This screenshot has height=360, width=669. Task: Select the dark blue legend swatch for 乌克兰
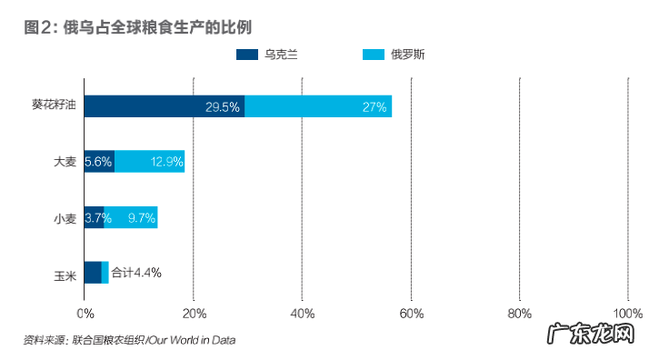tap(247, 55)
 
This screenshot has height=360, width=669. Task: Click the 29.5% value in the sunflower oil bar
tap(223, 107)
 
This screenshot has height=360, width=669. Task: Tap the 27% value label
tap(374, 107)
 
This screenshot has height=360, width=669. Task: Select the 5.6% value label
tap(98, 163)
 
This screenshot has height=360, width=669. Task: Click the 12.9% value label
tap(167, 163)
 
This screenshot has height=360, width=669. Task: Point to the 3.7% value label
tap(98, 218)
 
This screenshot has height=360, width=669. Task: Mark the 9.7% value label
tap(142, 218)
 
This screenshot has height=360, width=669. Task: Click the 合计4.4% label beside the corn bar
tap(136, 272)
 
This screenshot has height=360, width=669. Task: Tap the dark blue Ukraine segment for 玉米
tap(93, 273)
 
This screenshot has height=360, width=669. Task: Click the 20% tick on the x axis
tap(194, 314)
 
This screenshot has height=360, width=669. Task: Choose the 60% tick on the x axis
tap(411, 314)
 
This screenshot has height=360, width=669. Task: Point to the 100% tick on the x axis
tap(628, 314)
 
